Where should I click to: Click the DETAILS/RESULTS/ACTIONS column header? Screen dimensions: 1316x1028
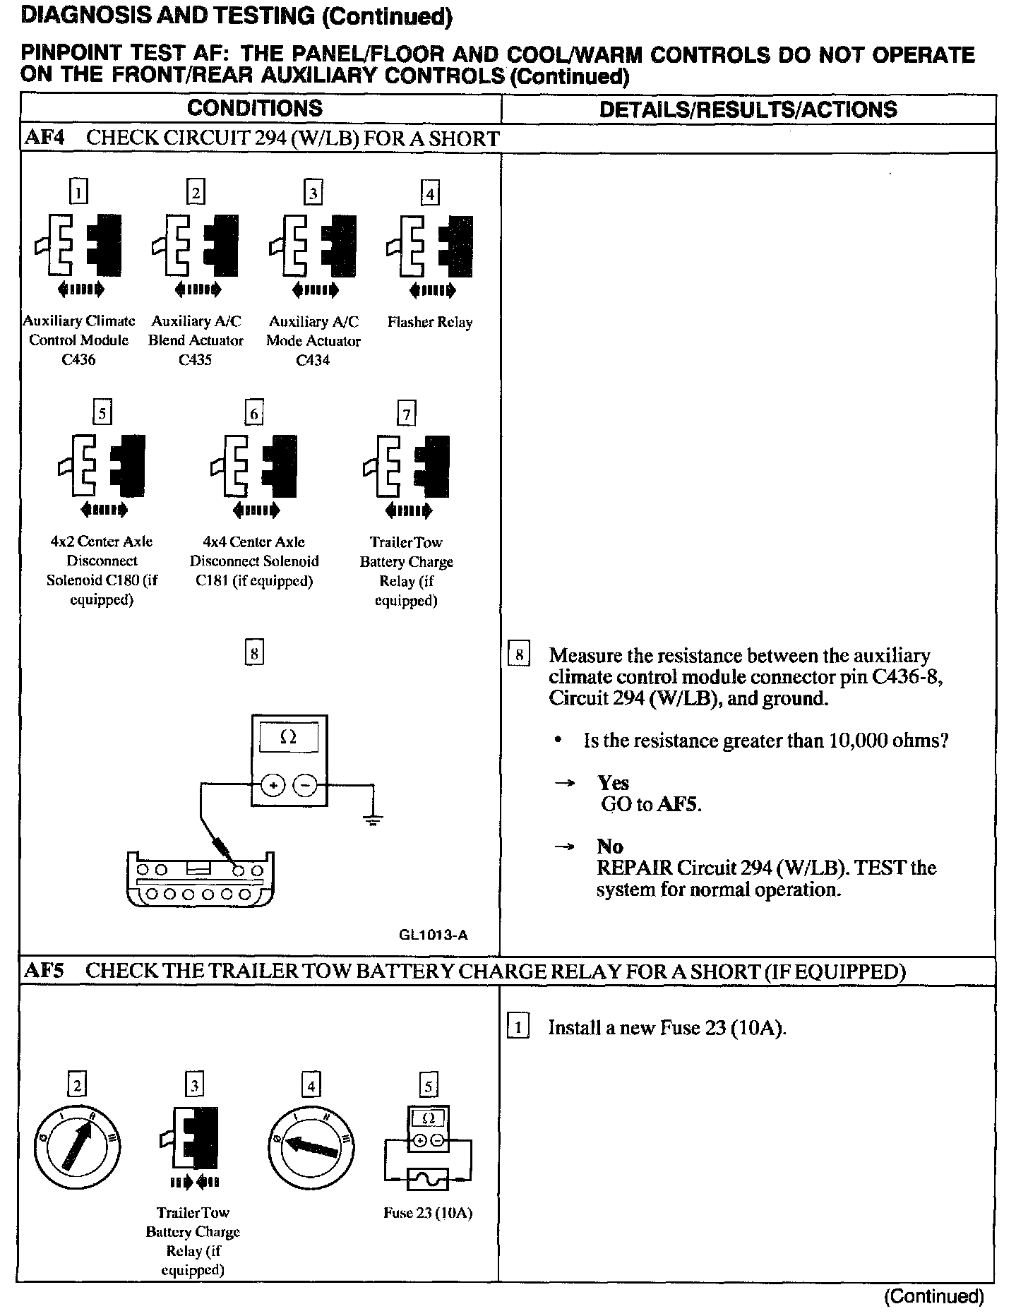click(748, 109)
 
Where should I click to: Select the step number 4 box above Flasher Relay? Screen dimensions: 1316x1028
click(430, 193)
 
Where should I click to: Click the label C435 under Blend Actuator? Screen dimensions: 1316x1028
click(195, 359)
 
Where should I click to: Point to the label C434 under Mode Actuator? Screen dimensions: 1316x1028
click(313, 360)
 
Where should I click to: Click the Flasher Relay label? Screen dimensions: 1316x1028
click(430, 322)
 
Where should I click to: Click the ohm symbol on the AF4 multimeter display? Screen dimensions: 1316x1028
click(288, 737)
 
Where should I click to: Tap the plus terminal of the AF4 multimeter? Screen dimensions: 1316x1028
click(273, 784)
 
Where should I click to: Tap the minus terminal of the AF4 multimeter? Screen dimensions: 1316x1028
click(305, 784)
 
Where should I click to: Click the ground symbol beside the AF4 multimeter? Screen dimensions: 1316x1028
click(373, 819)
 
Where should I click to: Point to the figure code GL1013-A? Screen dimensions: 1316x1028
click(433, 935)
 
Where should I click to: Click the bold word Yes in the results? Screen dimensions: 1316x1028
click(613, 782)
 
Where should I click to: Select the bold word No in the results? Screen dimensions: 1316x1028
click(609, 846)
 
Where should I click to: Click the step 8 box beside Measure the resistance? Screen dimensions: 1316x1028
click(519, 656)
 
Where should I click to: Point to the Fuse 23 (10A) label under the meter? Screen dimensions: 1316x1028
click(428, 1213)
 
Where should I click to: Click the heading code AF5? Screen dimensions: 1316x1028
click(44, 971)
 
